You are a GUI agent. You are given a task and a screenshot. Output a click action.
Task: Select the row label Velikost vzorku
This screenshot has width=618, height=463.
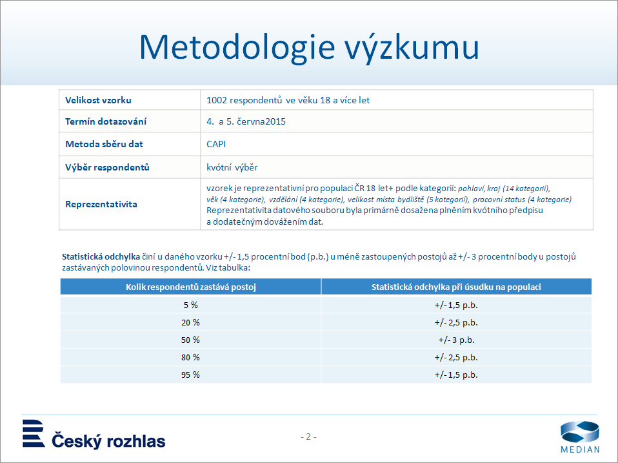coord(98,100)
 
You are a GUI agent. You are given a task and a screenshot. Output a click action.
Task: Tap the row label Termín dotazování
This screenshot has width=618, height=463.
coord(106,121)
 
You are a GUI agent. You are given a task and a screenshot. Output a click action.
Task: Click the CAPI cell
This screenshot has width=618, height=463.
coord(216,144)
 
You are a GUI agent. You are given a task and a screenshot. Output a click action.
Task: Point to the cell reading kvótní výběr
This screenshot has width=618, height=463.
coord(232,167)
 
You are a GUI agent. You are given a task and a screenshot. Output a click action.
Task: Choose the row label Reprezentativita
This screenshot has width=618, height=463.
coord(101,204)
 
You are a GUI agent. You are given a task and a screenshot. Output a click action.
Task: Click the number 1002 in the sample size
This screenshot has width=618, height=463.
coord(217,100)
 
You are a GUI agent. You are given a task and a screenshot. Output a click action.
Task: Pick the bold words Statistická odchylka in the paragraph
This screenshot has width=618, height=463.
coord(101,257)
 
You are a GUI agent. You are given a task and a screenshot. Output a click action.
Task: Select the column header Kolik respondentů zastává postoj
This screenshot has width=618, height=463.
coord(191,287)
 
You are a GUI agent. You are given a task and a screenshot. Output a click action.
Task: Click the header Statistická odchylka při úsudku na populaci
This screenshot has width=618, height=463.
coord(456,287)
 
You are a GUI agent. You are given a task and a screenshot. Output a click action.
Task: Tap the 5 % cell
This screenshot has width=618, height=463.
coord(191,305)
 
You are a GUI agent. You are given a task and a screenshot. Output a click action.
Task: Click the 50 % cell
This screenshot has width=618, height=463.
coord(190,340)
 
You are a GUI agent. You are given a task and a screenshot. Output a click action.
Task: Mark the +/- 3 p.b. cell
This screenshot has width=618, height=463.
coord(457,340)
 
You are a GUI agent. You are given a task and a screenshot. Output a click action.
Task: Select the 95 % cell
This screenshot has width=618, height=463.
coord(190,375)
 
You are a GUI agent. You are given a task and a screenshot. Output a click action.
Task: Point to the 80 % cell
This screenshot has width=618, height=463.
coord(190,357)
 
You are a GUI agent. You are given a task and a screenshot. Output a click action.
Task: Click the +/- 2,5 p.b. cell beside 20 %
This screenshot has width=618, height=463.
coord(456,323)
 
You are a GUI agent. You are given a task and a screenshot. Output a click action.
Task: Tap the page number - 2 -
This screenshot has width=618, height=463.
coord(308,437)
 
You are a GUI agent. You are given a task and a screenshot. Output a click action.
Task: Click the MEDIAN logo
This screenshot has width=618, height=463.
coord(580,437)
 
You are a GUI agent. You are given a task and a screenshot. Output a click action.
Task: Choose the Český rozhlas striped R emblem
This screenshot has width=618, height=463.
coord(34,433)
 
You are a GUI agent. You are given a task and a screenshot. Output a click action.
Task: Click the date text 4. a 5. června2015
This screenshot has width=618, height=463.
coord(246,121)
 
